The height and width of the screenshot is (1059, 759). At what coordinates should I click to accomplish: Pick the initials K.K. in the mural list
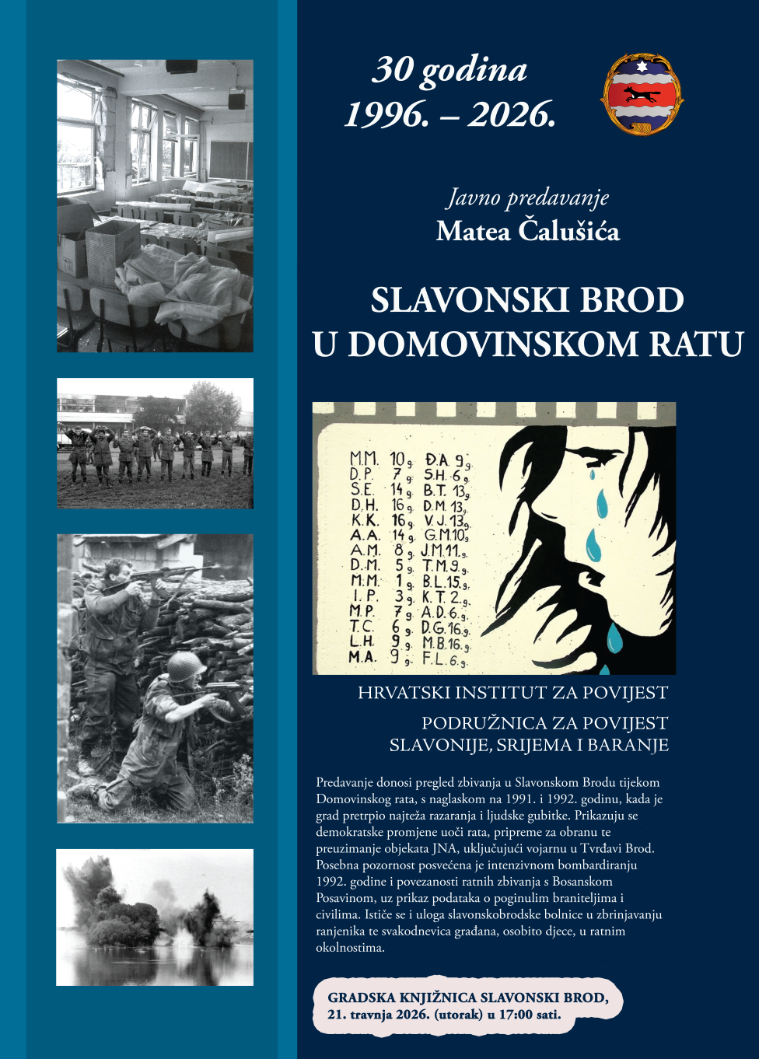click(x=364, y=520)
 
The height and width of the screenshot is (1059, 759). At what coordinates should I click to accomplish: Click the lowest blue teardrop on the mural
click(x=614, y=639)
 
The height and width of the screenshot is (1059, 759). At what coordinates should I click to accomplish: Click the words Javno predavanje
click(x=527, y=198)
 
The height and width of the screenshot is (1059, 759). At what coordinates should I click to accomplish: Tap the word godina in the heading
click(x=474, y=71)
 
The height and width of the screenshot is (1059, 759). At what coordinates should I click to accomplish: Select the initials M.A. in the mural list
click(x=362, y=657)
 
